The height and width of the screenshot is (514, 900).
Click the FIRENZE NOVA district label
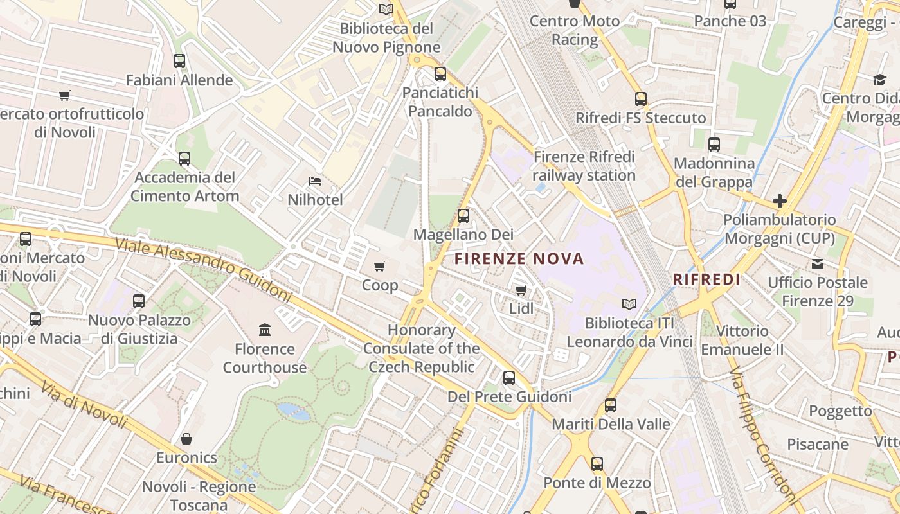click(x=519, y=259)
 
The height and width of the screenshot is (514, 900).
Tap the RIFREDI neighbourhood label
click(x=706, y=279)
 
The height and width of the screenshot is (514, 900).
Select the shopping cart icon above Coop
click(x=380, y=266)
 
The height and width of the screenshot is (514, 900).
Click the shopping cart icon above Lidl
click(x=521, y=290)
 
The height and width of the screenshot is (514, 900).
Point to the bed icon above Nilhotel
click(x=315, y=181)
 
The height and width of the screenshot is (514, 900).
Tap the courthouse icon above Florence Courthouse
click(x=265, y=330)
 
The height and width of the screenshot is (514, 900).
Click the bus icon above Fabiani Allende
click(x=179, y=61)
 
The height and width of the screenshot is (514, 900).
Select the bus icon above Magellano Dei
click(x=464, y=216)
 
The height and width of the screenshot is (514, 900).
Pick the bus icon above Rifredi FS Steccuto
click(x=641, y=99)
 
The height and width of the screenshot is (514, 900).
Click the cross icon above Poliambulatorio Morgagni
click(x=780, y=201)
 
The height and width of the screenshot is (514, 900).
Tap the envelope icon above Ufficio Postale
click(x=818, y=264)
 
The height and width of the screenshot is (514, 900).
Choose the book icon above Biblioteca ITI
click(x=629, y=304)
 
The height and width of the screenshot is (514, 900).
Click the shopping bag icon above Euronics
click(x=186, y=439)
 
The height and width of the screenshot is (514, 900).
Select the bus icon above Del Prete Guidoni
click(x=509, y=378)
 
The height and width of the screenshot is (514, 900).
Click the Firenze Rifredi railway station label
click(x=584, y=166)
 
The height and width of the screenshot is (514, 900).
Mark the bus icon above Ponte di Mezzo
click(x=597, y=464)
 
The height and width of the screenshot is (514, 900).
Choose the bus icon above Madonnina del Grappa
click(x=714, y=145)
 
